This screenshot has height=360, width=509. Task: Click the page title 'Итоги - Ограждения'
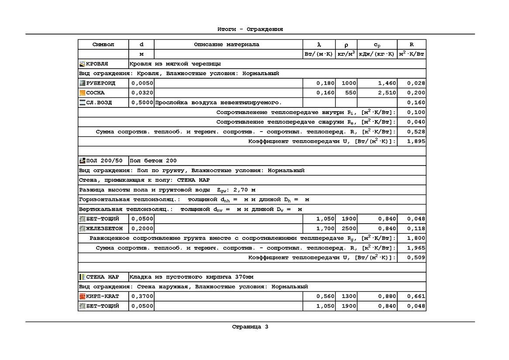(x=250, y=29)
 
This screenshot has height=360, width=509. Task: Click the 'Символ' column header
(x=103, y=45)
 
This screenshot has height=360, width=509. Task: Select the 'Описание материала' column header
(x=226, y=45)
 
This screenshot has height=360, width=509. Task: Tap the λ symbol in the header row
(x=319, y=45)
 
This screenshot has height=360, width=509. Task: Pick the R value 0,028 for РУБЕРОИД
(x=416, y=83)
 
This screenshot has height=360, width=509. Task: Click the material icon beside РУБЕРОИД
(x=82, y=83)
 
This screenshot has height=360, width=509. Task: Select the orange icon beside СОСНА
(x=82, y=93)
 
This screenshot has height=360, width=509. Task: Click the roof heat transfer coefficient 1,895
(x=416, y=141)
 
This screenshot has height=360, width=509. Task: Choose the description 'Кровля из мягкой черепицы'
(x=175, y=64)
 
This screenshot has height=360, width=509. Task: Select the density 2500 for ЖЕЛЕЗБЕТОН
(x=349, y=228)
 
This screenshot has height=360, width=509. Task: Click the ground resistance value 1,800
(x=416, y=238)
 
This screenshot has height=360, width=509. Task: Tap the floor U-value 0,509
(x=416, y=257)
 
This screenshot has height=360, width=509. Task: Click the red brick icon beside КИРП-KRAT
(x=82, y=296)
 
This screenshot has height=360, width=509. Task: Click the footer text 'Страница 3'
(x=250, y=326)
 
